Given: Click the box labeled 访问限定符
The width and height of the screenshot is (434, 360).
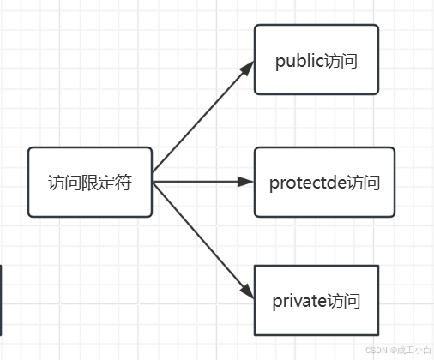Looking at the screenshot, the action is [x=90, y=182].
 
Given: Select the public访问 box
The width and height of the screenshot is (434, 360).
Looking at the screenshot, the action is [x=316, y=59].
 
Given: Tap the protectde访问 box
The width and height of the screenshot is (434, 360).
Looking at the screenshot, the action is [x=324, y=182].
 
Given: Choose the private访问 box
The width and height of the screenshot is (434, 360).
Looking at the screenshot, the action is [x=316, y=300].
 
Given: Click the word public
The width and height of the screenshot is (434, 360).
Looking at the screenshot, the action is [x=300, y=62].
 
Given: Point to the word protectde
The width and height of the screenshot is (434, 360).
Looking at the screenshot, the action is [x=308, y=183].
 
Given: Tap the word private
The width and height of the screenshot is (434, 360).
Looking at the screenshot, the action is [x=299, y=302].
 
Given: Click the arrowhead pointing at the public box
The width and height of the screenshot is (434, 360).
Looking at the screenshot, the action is [x=247, y=69].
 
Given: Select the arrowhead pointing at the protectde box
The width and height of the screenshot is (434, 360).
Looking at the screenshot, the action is [x=245, y=182].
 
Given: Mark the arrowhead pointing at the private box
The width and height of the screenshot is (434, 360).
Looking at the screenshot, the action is [x=247, y=291].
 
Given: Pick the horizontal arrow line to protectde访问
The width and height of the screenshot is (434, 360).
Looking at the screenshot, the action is [x=203, y=182].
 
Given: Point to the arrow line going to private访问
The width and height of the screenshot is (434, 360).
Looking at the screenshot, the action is [x=203, y=241].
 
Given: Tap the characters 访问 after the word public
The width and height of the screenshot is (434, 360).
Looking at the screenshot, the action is [x=341, y=61].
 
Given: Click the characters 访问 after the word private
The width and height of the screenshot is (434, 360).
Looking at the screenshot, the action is [x=343, y=301].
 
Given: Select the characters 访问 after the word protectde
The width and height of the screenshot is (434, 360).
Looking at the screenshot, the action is [x=364, y=183].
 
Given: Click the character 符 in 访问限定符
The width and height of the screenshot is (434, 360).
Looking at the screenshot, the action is [x=124, y=183].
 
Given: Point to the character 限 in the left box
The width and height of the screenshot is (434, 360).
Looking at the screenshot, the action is [x=90, y=183].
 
